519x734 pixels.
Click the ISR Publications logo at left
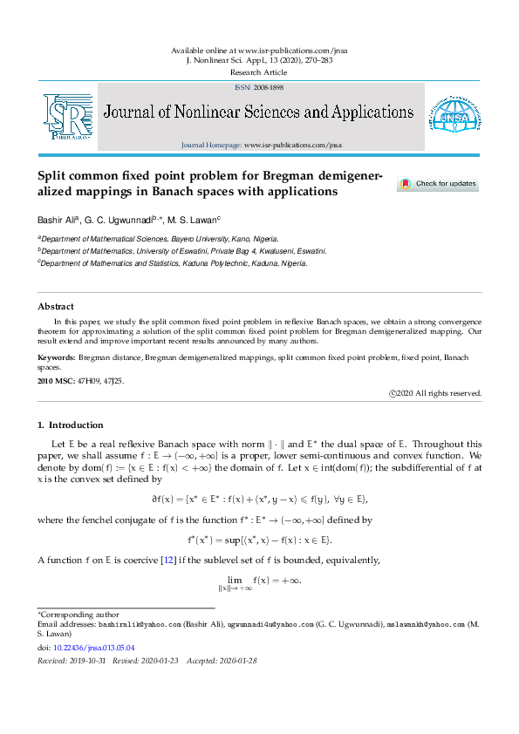(x=68, y=117)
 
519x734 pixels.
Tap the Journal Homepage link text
(x=262, y=144)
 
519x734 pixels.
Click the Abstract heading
(x=56, y=307)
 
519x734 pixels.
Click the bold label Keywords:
(x=56, y=358)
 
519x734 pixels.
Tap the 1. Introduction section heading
(x=70, y=425)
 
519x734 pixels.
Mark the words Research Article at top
(x=259, y=72)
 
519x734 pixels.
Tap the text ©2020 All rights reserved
(x=435, y=393)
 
